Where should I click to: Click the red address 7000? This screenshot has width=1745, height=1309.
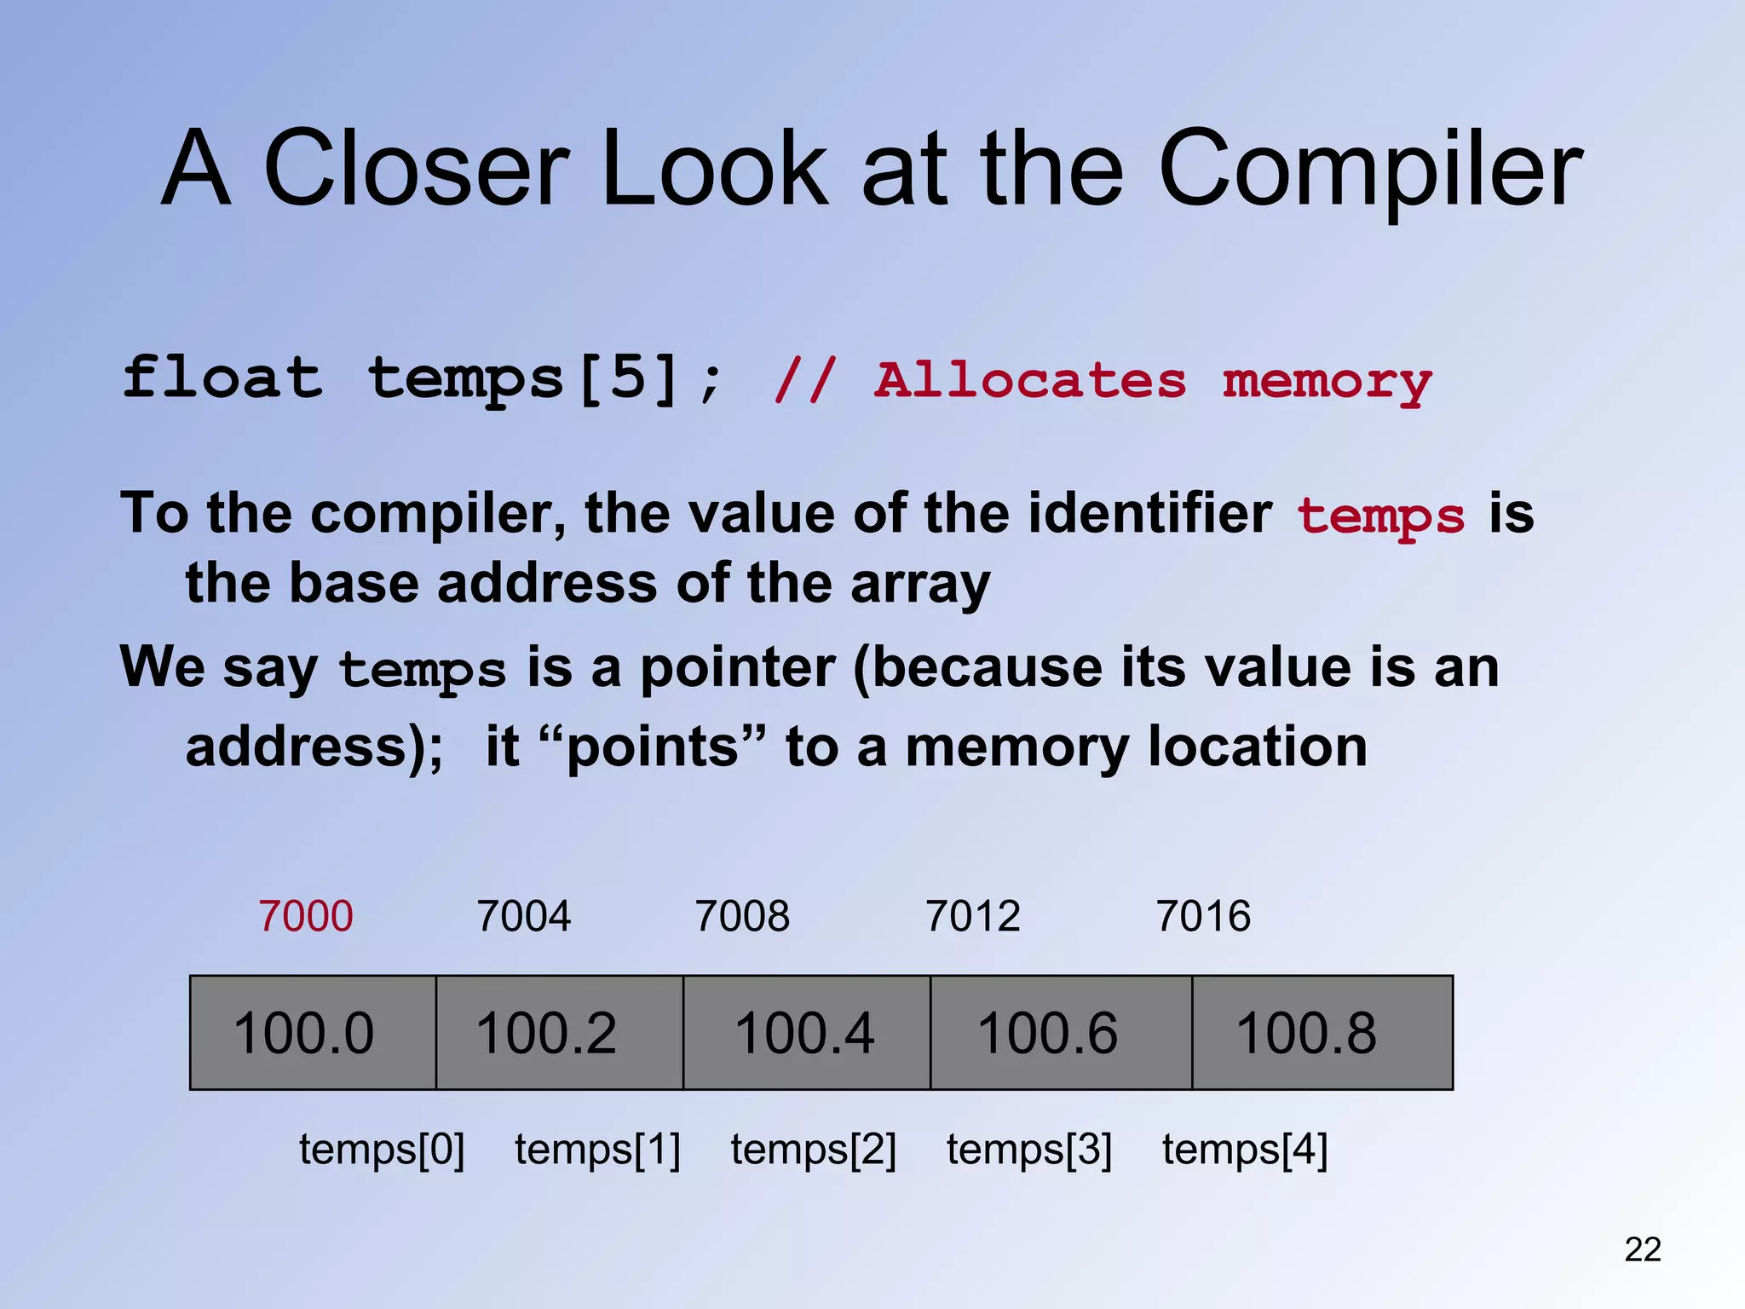click(306, 917)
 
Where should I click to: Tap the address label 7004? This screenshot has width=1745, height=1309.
click(524, 917)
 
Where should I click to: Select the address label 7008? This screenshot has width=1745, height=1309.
click(742, 917)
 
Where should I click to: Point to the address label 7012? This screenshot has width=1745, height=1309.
click(973, 917)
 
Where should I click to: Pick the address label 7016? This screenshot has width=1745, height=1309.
click(1203, 917)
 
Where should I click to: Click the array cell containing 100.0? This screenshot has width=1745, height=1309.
click(313, 1033)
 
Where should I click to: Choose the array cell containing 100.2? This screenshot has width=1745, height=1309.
click(559, 1033)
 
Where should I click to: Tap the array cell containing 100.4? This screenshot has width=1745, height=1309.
click(806, 1033)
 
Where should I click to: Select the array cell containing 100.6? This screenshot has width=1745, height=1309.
click(1060, 1033)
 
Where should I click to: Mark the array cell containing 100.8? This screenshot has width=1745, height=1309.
click(1322, 1033)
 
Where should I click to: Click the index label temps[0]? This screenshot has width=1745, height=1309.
click(382, 1150)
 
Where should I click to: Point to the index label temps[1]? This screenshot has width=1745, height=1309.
click(597, 1150)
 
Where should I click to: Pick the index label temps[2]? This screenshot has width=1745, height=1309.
click(814, 1150)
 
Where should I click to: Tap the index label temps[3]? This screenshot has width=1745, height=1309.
click(1029, 1150)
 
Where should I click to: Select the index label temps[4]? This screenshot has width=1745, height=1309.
click(1245, 1150)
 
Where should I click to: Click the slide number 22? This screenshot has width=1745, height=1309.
click(1643, 1249)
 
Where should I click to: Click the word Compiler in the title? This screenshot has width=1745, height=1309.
click(1370, 170)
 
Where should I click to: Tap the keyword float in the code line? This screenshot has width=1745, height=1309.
click(223, 378)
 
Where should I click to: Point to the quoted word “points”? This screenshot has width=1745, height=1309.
click(653, 747)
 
